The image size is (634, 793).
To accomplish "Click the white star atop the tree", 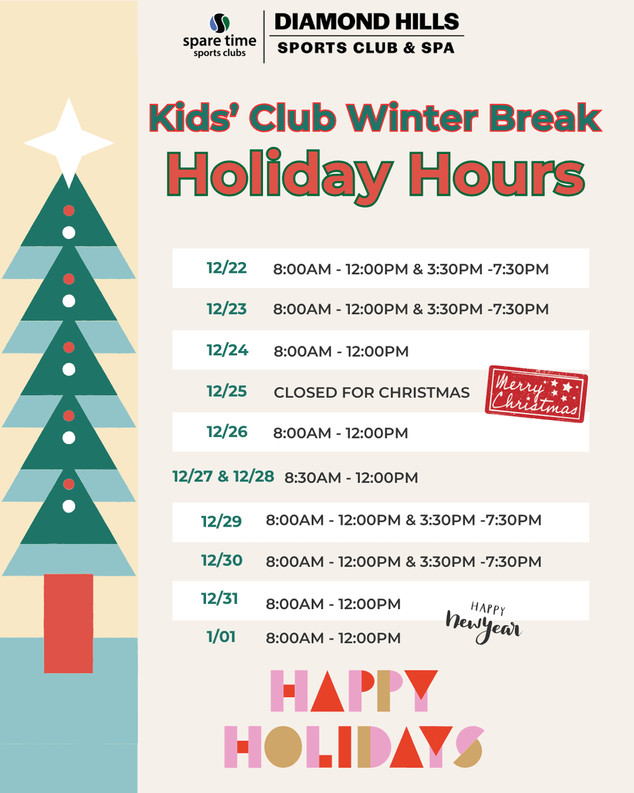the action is (x=69, y=143).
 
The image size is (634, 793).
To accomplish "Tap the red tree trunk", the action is (x=68, y=623).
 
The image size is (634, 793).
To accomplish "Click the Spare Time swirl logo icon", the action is (x=219, y=23).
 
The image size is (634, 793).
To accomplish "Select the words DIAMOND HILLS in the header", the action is (x=366, y=22).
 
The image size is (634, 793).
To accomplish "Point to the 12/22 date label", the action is (x=226, y=268).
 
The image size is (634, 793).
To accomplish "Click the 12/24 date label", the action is (x=228, y=350).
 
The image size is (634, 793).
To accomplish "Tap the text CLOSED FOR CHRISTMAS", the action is (x=372, y=393).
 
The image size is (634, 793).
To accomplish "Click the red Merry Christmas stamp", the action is (x=536, y=394).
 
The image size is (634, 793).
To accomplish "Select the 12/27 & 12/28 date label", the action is (x=223, y=476).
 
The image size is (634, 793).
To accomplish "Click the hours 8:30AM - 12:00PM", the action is (x=351, y=478).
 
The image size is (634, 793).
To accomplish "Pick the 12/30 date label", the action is (x=222, y=560).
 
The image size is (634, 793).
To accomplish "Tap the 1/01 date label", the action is (x=221, y=637).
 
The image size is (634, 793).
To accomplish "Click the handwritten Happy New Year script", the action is (x=484, y=623).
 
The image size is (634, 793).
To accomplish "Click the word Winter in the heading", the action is (x=413, y=117).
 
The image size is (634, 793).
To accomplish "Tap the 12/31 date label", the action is (x=219, y=598).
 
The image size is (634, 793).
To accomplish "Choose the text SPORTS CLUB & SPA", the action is (x=366, y=48).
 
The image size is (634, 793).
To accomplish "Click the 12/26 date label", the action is (x=227, y=432).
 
